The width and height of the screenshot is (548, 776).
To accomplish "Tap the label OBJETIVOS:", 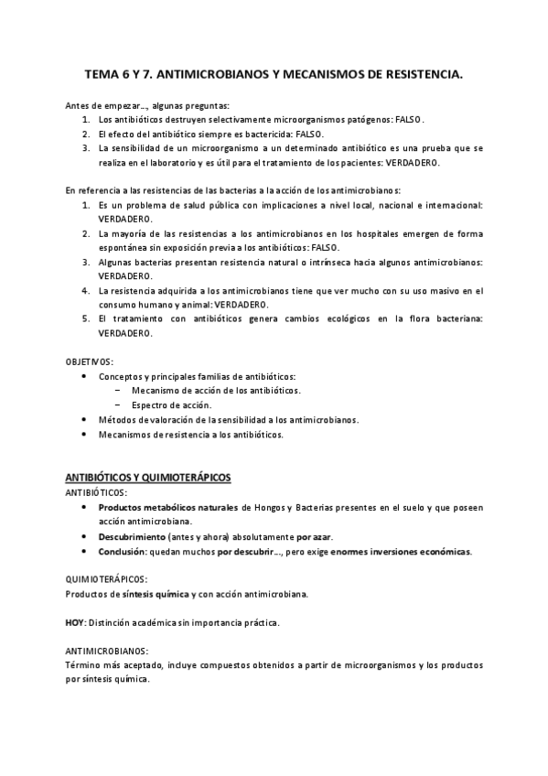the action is (x=90, y=361).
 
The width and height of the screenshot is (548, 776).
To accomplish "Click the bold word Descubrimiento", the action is (x=132, y=536).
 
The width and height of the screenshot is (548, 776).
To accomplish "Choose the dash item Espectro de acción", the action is (x=171, y=404).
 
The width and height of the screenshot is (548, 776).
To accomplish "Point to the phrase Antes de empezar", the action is (x=102, y=105).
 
